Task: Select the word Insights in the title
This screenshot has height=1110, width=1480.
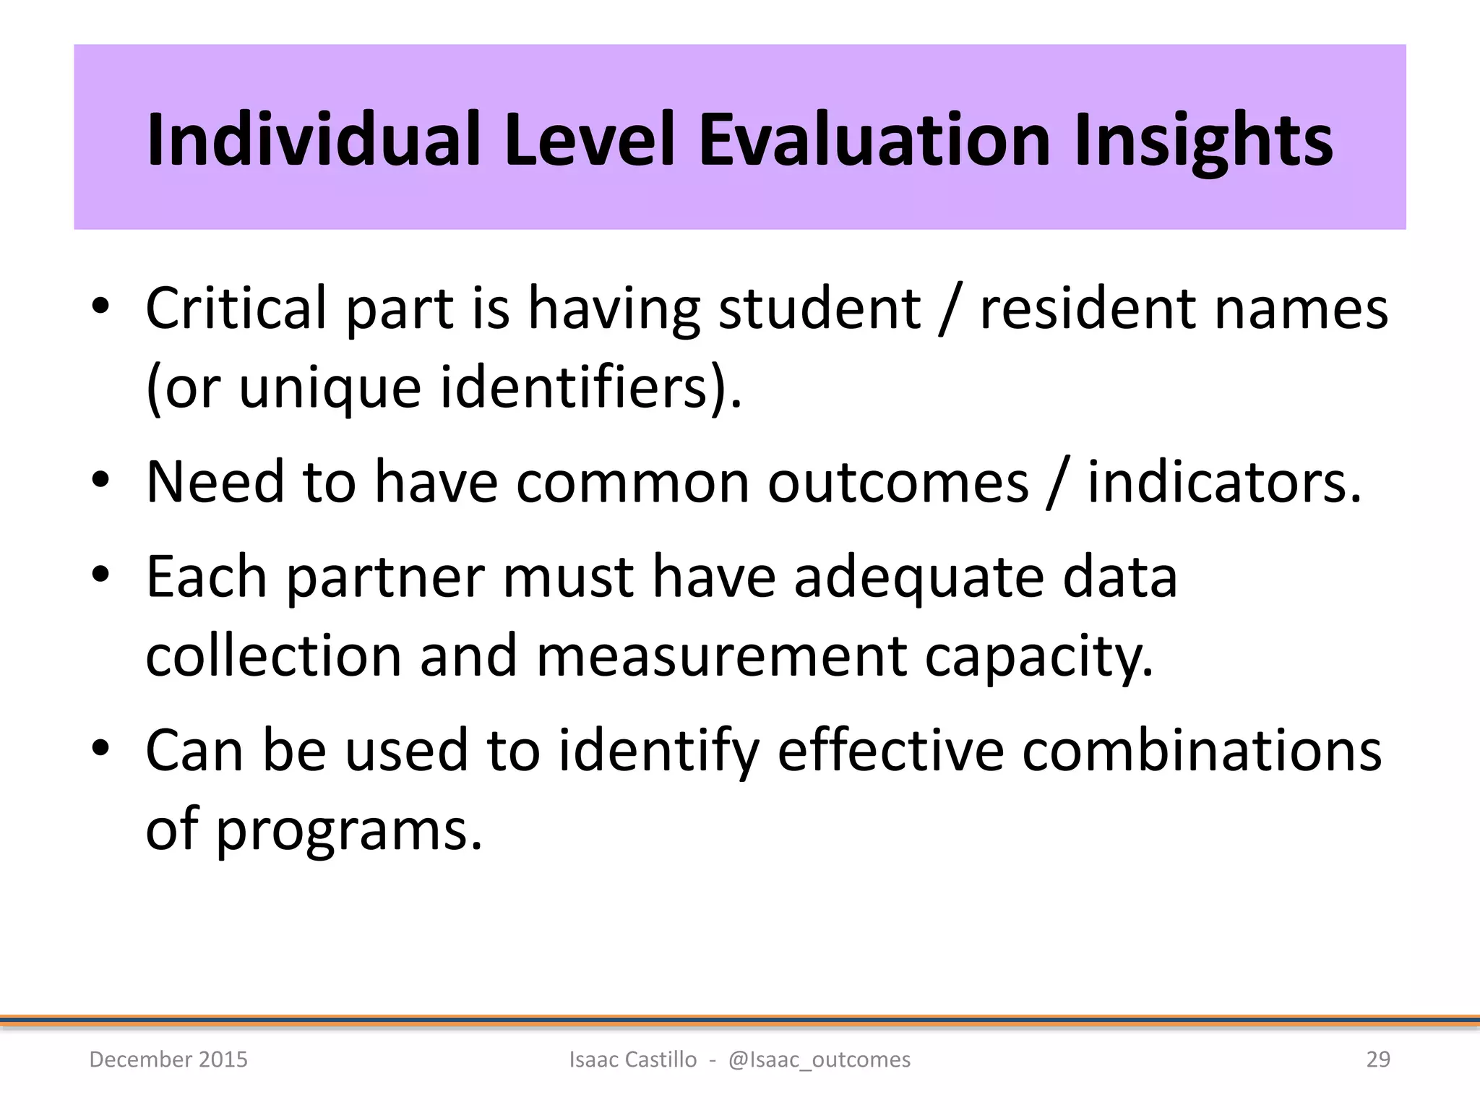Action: click(x=1202, y=141)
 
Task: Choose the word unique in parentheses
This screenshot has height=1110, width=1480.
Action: click(x=330, y=389)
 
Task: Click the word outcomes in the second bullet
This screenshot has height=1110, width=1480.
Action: click(x=898, y=483)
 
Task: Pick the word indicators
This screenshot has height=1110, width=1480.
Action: click(x=1223, y=483)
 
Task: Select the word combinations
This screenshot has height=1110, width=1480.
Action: click(x=1201, y=750)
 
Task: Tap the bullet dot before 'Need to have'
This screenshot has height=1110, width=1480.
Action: click(x=100, y=480)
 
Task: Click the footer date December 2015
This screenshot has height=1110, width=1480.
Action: click(x=168, y=1059)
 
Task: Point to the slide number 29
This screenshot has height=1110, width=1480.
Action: click(x=1378, y=1059)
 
